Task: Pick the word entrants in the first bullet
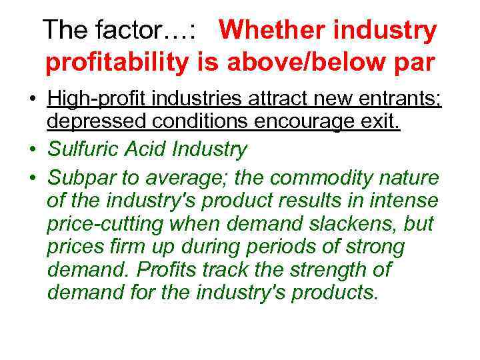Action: click(394, 100)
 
